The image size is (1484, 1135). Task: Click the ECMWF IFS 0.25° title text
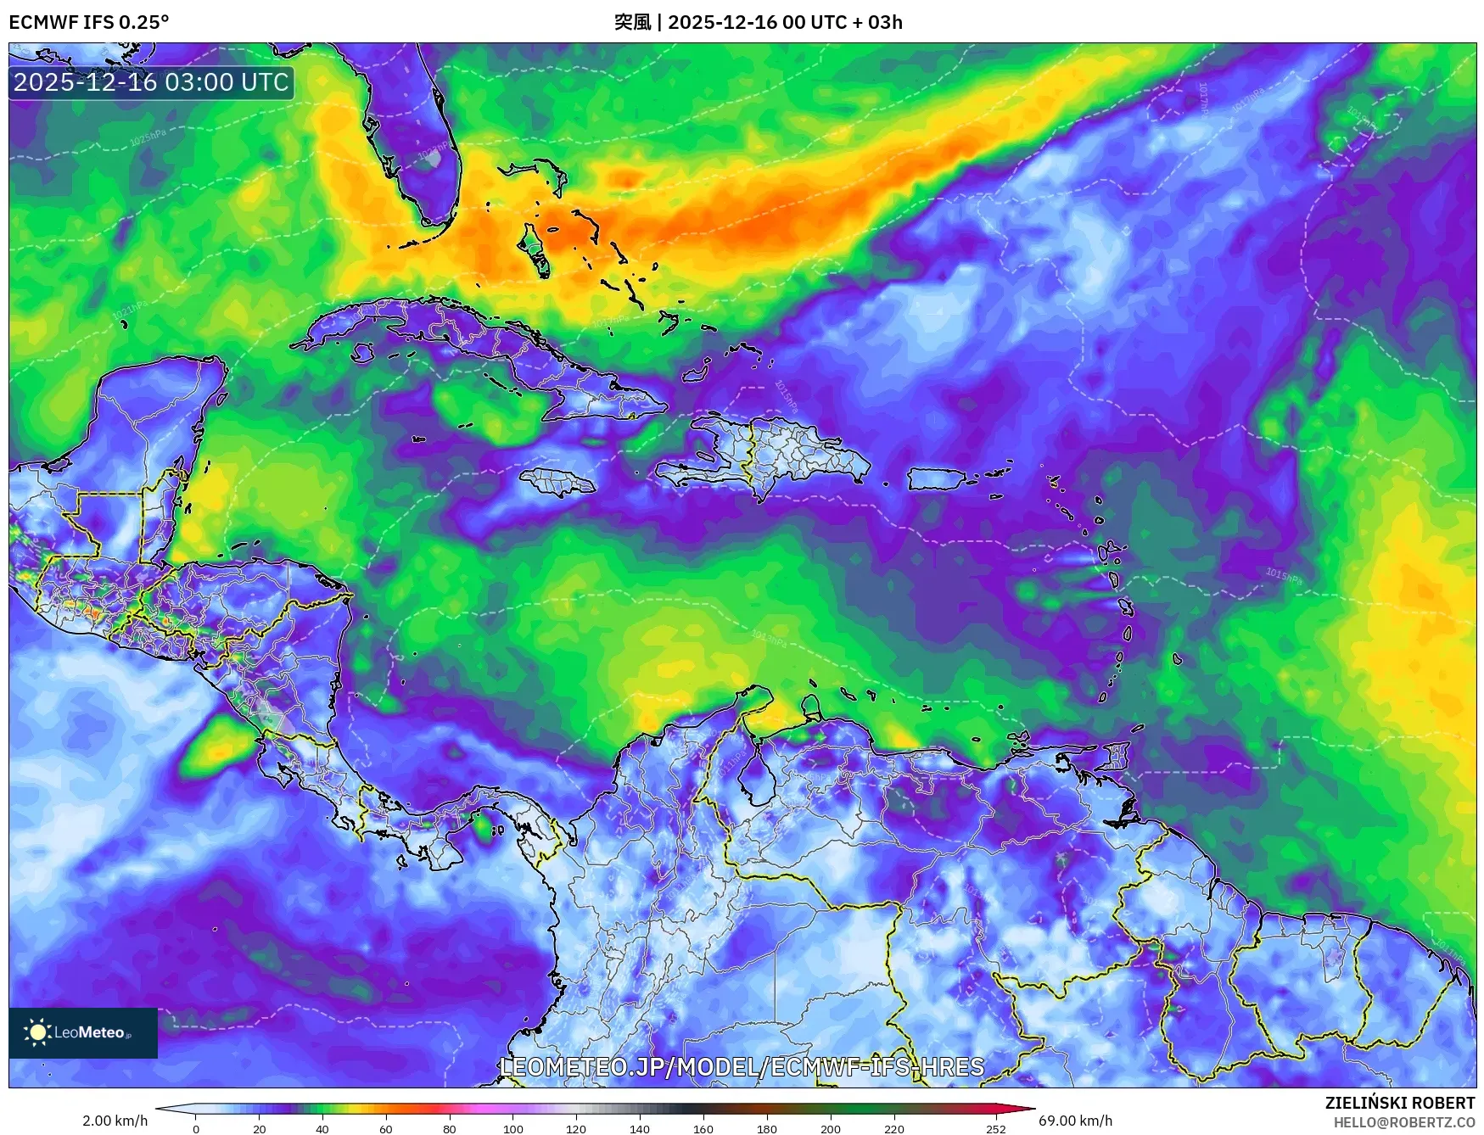88,22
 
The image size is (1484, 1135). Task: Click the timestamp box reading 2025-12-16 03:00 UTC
152,82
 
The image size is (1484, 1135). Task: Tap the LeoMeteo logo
82,1032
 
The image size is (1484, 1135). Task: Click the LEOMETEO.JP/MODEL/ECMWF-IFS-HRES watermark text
742,1066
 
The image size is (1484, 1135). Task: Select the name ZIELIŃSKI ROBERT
1399,1103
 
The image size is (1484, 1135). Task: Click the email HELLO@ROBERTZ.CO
1403,1122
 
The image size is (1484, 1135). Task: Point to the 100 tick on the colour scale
512,1128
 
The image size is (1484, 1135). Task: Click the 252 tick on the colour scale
995,1128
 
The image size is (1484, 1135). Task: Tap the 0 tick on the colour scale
196,1128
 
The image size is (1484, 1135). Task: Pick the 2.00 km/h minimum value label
115,1121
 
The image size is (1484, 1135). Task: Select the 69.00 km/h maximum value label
1075,1121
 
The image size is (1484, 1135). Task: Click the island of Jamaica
557,484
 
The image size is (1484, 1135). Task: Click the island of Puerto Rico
937,479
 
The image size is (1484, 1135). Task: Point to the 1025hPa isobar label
148,137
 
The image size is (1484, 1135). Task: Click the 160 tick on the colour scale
703,1128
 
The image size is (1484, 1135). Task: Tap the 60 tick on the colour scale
386,1128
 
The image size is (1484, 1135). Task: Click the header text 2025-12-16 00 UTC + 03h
784,22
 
